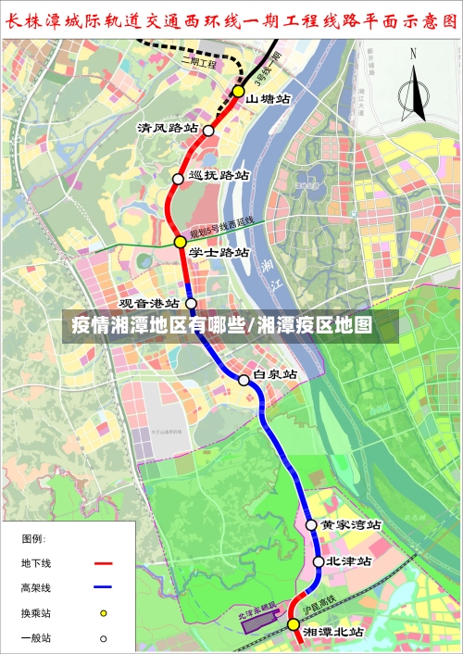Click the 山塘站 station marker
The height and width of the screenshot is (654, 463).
[238, 91]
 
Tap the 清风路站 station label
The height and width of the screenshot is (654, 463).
[168, 127]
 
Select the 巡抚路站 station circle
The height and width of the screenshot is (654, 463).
[178, 178]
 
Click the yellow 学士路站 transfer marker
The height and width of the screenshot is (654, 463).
[180, 242]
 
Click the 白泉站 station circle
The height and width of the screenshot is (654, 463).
[244, 380]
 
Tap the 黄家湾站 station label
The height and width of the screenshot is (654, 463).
[350, 524]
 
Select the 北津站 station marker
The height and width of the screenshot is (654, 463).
[319, 561]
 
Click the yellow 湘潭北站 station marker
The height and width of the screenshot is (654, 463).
[294, 624]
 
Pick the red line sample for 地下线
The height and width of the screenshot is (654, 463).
[102, 563]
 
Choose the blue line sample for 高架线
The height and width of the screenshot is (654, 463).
[102, 587]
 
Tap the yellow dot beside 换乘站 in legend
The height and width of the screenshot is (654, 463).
[104, 613]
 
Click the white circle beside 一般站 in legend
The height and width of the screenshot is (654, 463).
[104, 638]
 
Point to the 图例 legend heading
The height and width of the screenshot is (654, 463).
[33, 538]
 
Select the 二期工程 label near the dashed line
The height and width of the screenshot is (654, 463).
[198, 64]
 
